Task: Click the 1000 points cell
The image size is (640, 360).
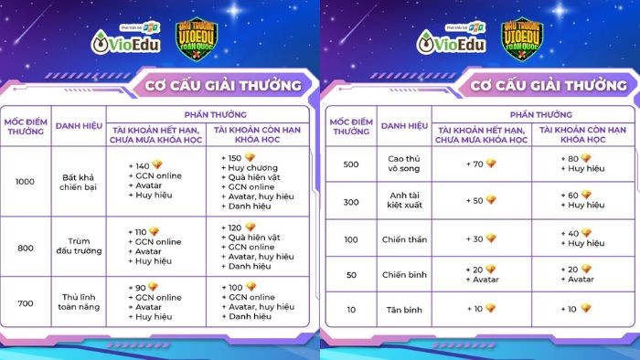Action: (x=26, y=181)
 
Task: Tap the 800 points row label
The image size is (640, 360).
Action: (x=26, y=247)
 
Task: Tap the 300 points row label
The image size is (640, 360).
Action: (x=349, y=200)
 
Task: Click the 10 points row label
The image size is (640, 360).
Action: (x=349, y=310)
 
